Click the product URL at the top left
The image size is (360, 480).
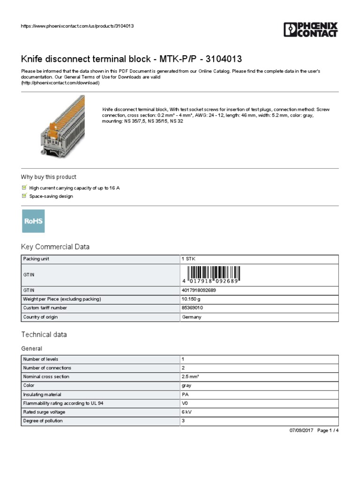[x=78, y=26]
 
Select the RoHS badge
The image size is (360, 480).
[x=34, y=221]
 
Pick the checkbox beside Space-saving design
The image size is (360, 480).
[x=24, y=196]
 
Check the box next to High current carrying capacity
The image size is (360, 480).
[x=24, y=187]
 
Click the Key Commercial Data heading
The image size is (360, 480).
[x=55, y=247]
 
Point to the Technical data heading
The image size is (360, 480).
[x=44, y=335]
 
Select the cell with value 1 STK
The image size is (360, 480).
[x=188, y=259]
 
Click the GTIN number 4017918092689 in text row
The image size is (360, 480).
[x=199, y=290]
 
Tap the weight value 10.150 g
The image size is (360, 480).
[x=192, y=299]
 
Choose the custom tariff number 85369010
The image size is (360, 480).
[x=193, y=308]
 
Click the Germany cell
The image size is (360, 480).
[x=191, y=317]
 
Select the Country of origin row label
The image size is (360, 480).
[x=40, y=317]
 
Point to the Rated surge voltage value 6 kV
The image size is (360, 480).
[x=186, y=412]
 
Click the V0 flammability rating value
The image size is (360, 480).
[x=185, y=403]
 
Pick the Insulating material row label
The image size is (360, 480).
[x=42, y=394]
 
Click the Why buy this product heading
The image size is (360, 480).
[x=48, y=177]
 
